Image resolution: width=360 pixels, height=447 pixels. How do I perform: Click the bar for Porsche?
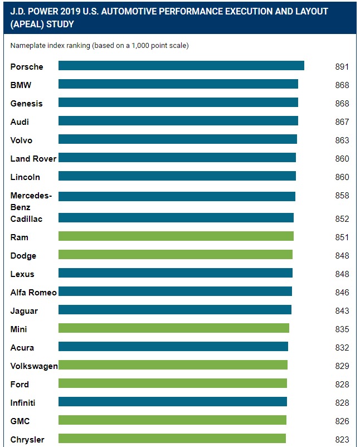tap(181, 66)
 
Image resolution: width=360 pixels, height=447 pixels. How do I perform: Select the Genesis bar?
tap(178, 103)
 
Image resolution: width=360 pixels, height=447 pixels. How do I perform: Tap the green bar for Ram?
tap(176, 236)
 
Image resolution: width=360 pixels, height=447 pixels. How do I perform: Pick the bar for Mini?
tap(174, 328)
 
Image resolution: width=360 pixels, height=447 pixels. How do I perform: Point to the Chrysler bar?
tap(172, 439)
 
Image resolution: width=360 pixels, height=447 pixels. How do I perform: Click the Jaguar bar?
tap(175, 310)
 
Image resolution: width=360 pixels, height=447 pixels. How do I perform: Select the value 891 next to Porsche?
tap(342, 67)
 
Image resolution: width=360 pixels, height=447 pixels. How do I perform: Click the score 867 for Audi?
tap(342, 122)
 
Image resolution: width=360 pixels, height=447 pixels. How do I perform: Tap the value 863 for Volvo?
tap(342, 140)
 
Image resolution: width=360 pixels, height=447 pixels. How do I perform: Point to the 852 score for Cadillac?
tap(342, 219)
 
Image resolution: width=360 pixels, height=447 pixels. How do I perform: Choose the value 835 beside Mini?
tap(342, 329)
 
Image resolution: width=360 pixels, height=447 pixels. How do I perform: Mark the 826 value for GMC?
tap(342, 421)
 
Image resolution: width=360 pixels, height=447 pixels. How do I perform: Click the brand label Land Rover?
tap(33, 159)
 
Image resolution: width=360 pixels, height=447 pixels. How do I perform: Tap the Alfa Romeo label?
tap(33, 293)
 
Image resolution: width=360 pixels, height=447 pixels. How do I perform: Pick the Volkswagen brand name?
tap(34, 366)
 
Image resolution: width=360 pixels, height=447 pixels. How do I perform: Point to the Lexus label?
tap(22, 274)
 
